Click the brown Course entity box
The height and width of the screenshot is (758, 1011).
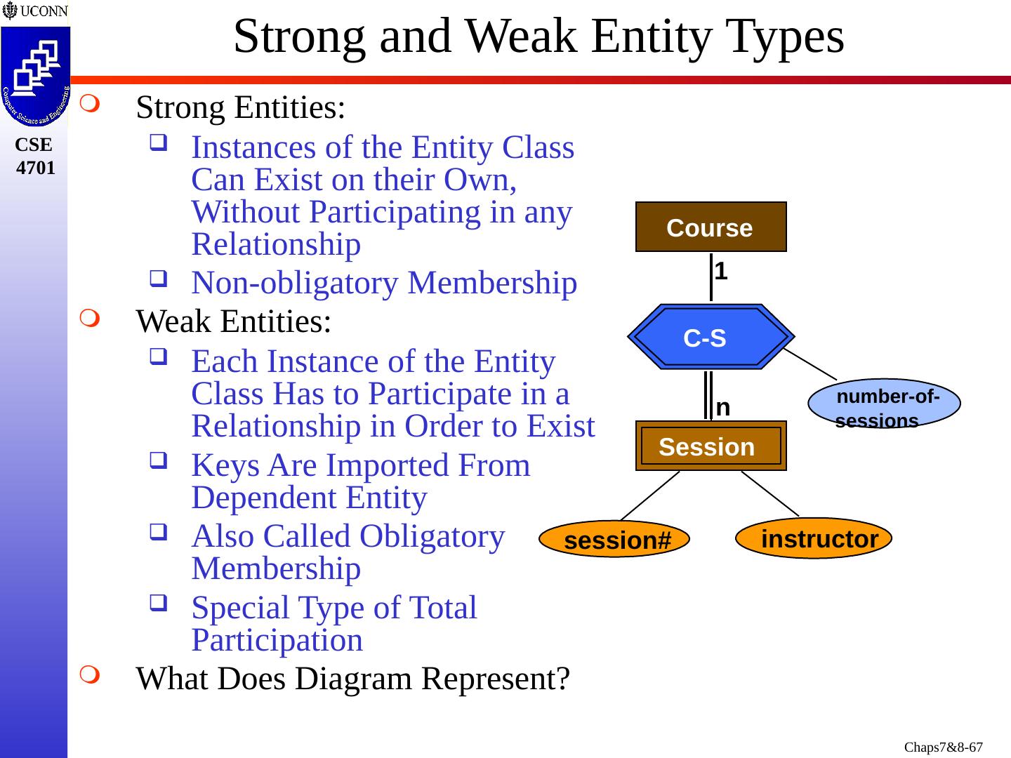click(x=711, y=227)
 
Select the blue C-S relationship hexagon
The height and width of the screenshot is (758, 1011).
click(x=711, y=337)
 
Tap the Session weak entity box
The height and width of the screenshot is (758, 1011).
click(x=711, y=446)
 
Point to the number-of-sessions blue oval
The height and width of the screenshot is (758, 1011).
click(x=885, y=404)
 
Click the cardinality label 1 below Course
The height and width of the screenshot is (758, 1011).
click(x=721, y=271)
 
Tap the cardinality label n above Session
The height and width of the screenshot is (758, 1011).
click(x=723, y=407)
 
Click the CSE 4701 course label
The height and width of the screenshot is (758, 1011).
click(x=35, y=156)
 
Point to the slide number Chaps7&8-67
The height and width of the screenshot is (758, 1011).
click(x=943, y=747)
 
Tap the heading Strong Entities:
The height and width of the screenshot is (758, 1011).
click(x=241, y=108)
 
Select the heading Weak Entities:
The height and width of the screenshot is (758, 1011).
click(x=234, y=322)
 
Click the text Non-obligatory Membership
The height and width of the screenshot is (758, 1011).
click(x=384, y=284)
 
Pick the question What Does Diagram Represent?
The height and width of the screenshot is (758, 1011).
click(x=353, y=679)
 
